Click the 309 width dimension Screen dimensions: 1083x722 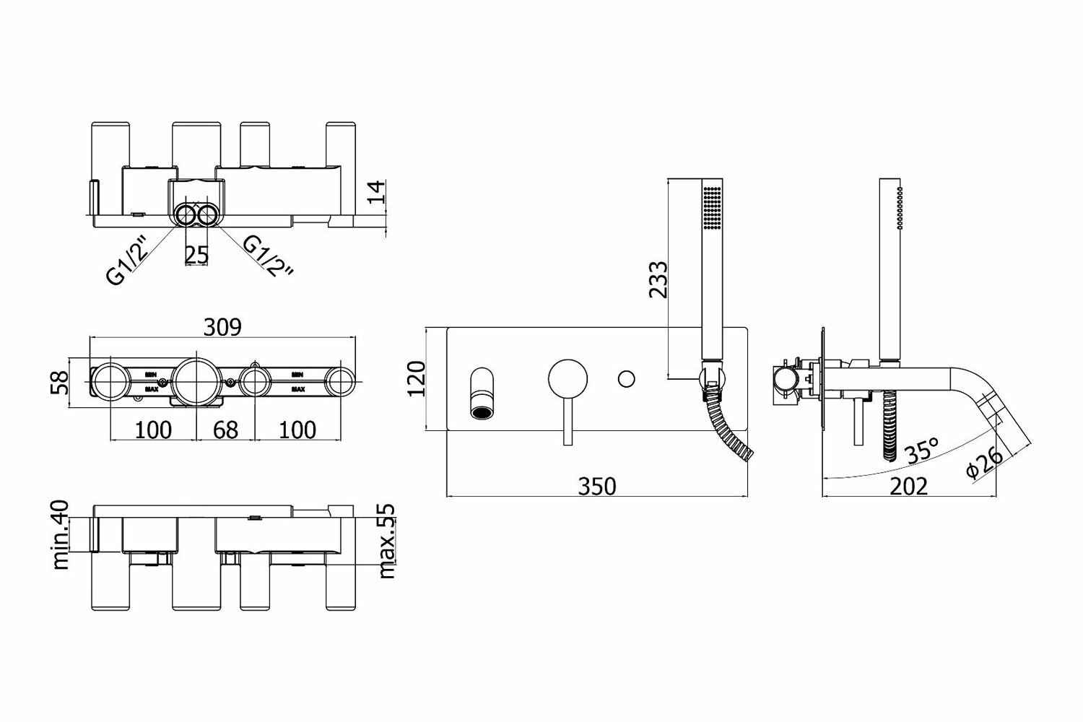pos(222,327)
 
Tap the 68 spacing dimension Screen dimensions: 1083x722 pos(226,430)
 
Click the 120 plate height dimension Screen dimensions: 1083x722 pos(417,379)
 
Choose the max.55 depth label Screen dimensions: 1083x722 pos(388,541)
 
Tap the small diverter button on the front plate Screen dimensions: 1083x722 pos(627,378)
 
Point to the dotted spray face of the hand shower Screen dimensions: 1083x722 pos(712,209)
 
